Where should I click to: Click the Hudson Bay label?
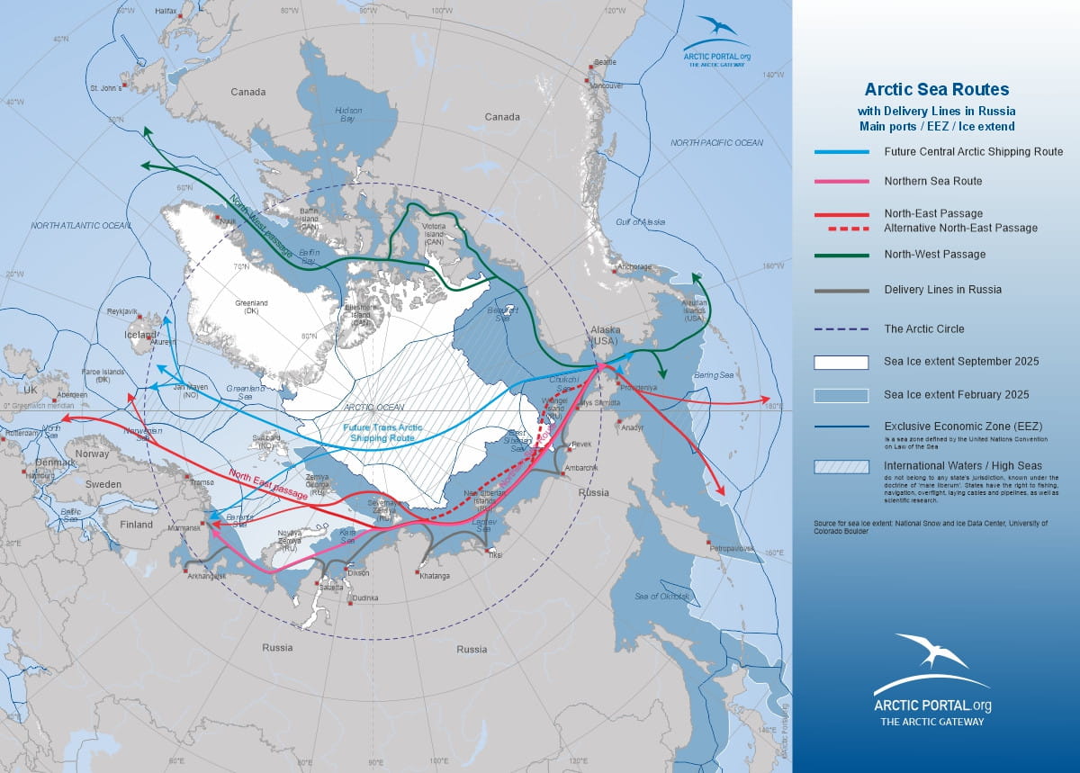(347, 114)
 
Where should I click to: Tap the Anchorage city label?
(634, 266)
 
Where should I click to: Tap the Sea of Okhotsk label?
(662, 597)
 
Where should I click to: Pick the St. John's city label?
(105, 89)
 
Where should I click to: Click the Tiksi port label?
(494, 555)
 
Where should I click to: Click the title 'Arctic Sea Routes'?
(936, 90)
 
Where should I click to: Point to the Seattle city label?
(605, 62)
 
